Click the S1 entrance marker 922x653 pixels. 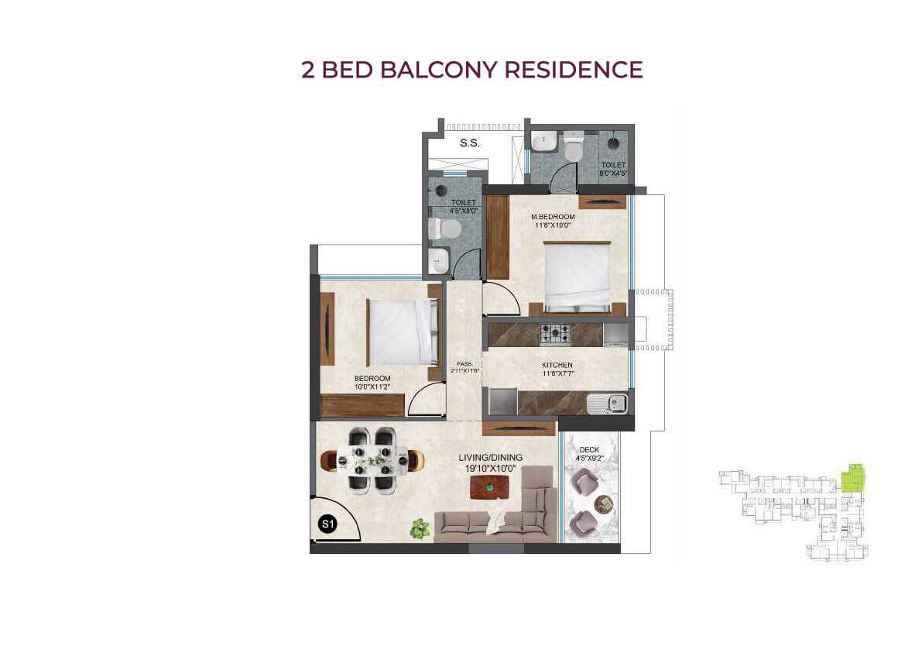(x=327, y=524)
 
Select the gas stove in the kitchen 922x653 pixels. (x=555, y=334)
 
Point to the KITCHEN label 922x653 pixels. (x=557, y=365)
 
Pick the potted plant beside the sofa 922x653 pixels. (x=420, y=528)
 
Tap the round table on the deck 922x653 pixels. (x=603, y=504)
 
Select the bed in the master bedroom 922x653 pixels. (x=577, y=276)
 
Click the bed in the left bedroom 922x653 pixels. (x=400, y=332)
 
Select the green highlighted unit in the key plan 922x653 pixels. (x=853, y=478)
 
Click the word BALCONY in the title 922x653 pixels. (x=445, y=70)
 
